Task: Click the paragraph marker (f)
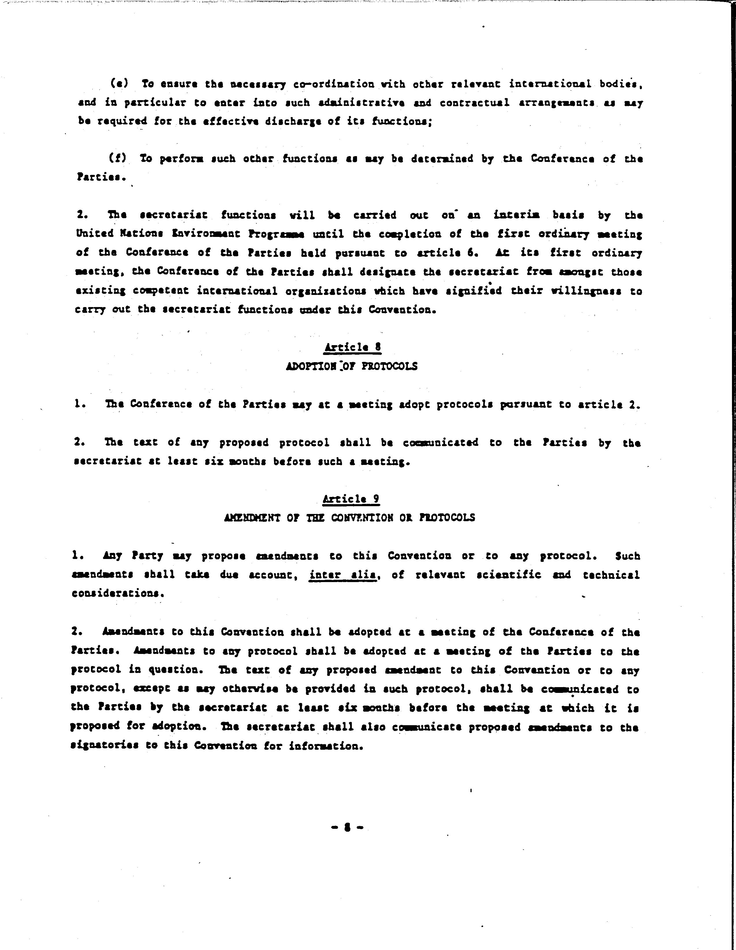(x=117, y=158)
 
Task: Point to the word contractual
(x=474, y=103)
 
